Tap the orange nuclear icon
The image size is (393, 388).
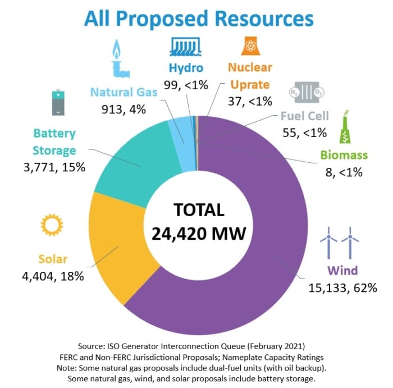click(249, 47)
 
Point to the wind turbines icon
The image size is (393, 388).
click(340, 241)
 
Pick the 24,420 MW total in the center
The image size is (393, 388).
click(199, 232)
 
